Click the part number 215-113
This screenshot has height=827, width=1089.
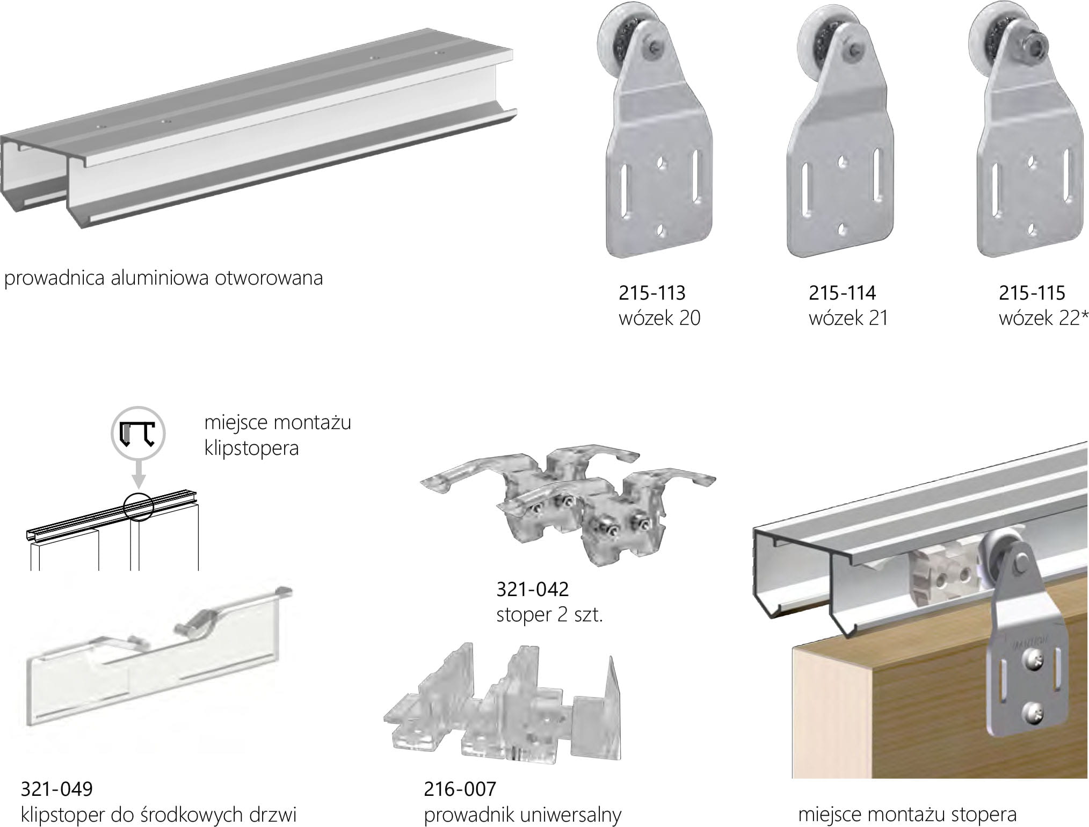652,293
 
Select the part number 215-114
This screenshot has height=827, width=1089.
842,293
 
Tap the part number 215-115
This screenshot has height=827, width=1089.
1032,293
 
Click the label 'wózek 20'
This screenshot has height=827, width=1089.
659,318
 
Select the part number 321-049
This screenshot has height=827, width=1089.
56,789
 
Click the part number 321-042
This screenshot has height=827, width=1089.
532,589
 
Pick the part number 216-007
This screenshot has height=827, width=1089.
460,789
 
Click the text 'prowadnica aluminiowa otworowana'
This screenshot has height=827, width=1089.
163,278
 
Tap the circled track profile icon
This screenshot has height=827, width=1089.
137,433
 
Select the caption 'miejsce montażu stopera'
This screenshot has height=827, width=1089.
907,815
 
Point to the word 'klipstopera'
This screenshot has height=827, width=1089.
251,448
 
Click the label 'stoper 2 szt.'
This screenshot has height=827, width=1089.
549,614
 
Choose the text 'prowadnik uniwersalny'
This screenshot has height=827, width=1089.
522,815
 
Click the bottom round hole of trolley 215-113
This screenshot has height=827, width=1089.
660,230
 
